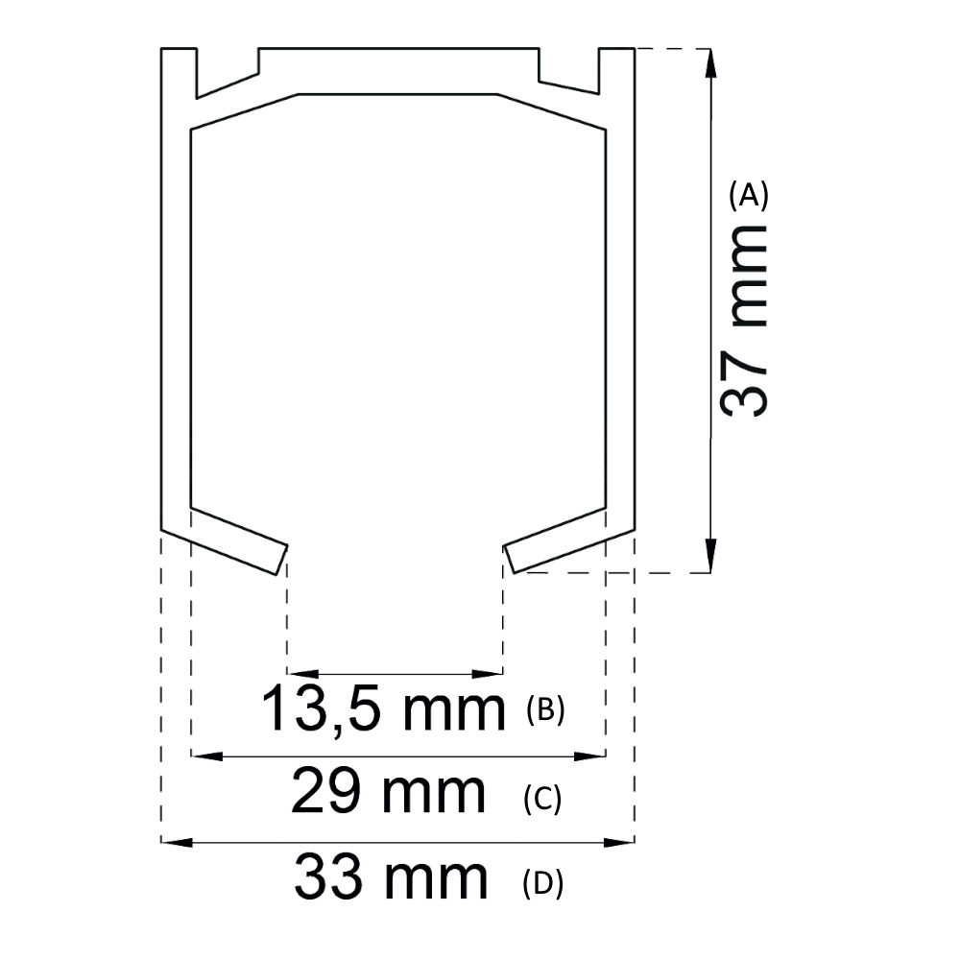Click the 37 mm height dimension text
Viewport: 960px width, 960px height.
[x=744, y=320]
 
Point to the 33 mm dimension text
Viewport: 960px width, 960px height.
[x=391, y=878]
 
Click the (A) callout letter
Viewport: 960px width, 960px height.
[x=749, y=196]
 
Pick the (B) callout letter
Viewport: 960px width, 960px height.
[x=546, y=710]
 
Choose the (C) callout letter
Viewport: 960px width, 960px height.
[x=542, y=798]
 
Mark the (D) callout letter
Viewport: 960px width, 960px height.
[x=543, y=882]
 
